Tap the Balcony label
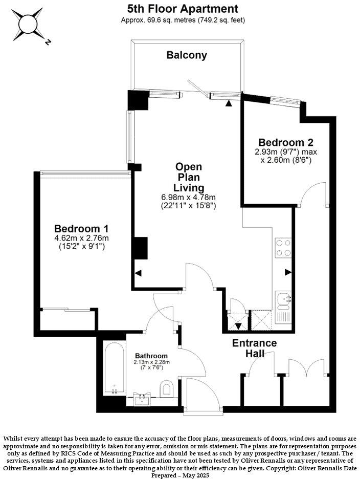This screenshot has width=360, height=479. [187, 55]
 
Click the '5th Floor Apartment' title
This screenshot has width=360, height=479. [183, 9]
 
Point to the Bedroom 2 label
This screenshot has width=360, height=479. [285, 142]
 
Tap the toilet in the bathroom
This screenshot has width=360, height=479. [166, 389]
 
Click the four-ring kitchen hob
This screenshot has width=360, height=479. [283, 248]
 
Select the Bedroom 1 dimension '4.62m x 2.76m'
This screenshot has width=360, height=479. [82, 238]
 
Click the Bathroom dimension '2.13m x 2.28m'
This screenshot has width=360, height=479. [151, 362]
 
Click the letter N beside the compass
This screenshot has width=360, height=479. [47, 42]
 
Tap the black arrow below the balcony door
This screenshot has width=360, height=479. [229, 103]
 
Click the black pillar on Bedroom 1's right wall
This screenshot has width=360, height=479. [140, 248]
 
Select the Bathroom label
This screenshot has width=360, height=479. [151, 356]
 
